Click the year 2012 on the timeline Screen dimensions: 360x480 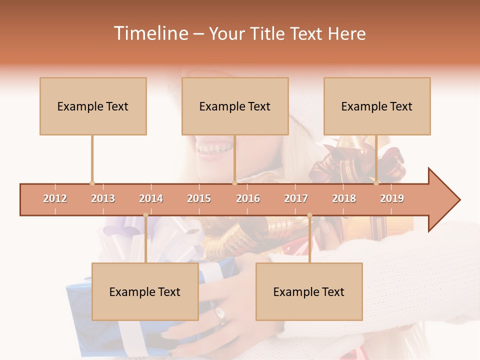click(55, 198)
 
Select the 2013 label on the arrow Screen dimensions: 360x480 click(103, 198)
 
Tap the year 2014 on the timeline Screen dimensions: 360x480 click(151, 198)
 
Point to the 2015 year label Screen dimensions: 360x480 click(199, 198)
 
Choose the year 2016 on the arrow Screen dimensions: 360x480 click(248, 198)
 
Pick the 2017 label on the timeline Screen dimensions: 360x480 click(296, 198)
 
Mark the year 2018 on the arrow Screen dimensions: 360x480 click(344, 198)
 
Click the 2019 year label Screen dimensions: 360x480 click(392, 198)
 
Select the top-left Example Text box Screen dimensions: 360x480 click(93, 106)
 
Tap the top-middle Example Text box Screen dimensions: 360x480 click(235, 106)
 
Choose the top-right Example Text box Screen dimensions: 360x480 click(377, 106)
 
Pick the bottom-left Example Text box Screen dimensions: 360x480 click(145, 291)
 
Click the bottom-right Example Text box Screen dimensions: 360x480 click(309, 291)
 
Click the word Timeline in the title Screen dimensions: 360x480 click(150, 33)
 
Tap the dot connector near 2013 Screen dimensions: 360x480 click(92, 183)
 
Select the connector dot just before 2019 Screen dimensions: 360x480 click(376, 183)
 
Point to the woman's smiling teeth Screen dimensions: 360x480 click(213, 148)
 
